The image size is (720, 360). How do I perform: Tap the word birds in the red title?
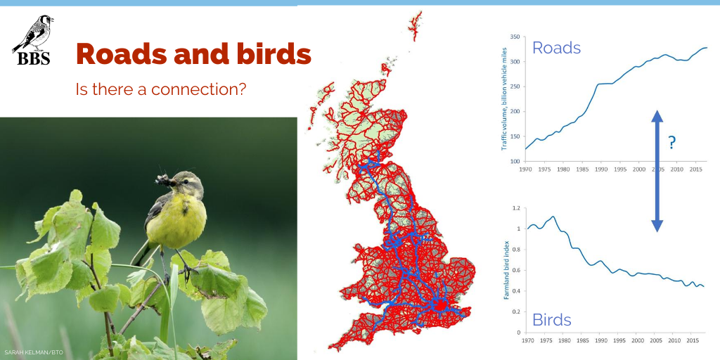(x=277, y=54)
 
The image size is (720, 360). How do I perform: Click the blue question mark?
(x=672, y=143)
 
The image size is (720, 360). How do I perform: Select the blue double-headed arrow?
(x=657, y=171)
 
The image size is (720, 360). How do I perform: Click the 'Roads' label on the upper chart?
(x=556, y=48)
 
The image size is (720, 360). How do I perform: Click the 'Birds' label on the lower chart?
(x=552, y=320)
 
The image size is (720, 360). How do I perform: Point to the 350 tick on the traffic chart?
(x=513, y=37)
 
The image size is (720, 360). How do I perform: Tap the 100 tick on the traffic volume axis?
(x=513, y=161)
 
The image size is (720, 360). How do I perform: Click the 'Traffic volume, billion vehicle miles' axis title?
(x=503, y=98)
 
